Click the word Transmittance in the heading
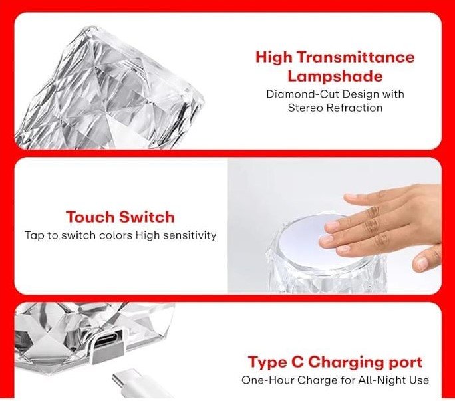click(x=356, y=57)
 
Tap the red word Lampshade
click(x=335, y=76)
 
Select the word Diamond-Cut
click(x=302, y=94)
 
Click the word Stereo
click(x=305, y=108)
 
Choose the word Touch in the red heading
click(x=91, y=217)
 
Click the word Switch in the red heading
click(x=147, y=217)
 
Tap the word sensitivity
click(x=190, y=235)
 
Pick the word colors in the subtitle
click(x=116, y=235)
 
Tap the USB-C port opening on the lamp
click(x=107, y=338)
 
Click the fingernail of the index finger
click(x=333, y=226)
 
